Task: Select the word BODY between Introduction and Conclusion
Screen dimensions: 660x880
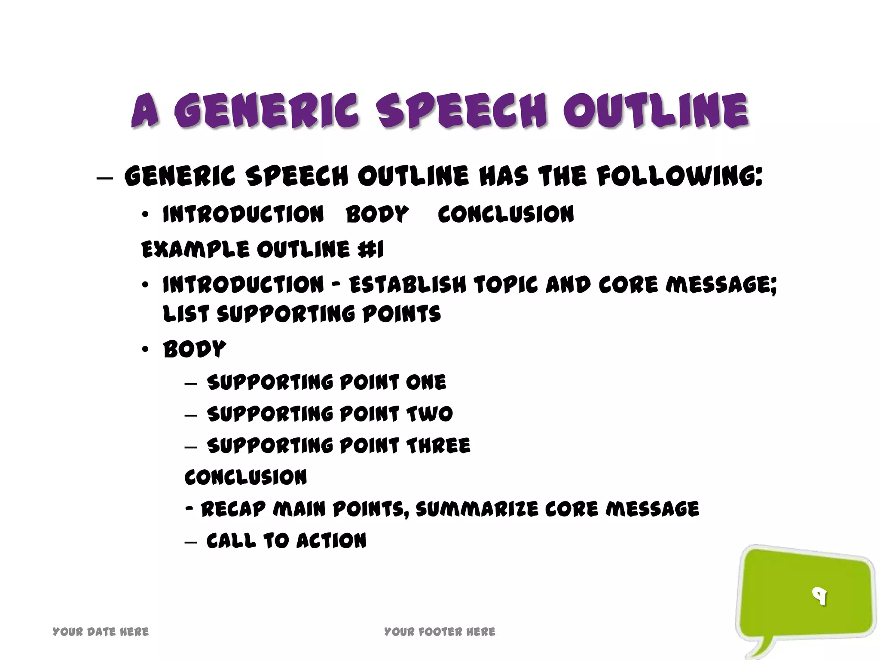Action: [x=377, y=214]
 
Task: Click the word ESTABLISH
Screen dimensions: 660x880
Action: [x=407, y=284]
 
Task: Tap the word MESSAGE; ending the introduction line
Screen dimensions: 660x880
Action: [x=721, y=284]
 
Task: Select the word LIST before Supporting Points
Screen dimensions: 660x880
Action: [x=185, y=314]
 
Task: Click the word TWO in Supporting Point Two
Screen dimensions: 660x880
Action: [x=429, y=414]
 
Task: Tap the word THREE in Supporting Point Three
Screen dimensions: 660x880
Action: [x=438, y=446]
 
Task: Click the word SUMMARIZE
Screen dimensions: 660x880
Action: [x=477, y=509]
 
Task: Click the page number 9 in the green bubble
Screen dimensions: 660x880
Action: [x=819, y=596]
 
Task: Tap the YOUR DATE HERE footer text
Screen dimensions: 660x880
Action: [x=101, y=632]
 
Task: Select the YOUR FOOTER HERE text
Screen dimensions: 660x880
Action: [x=440, y=632]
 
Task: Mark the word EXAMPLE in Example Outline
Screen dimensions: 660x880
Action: [x=195, y=249]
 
